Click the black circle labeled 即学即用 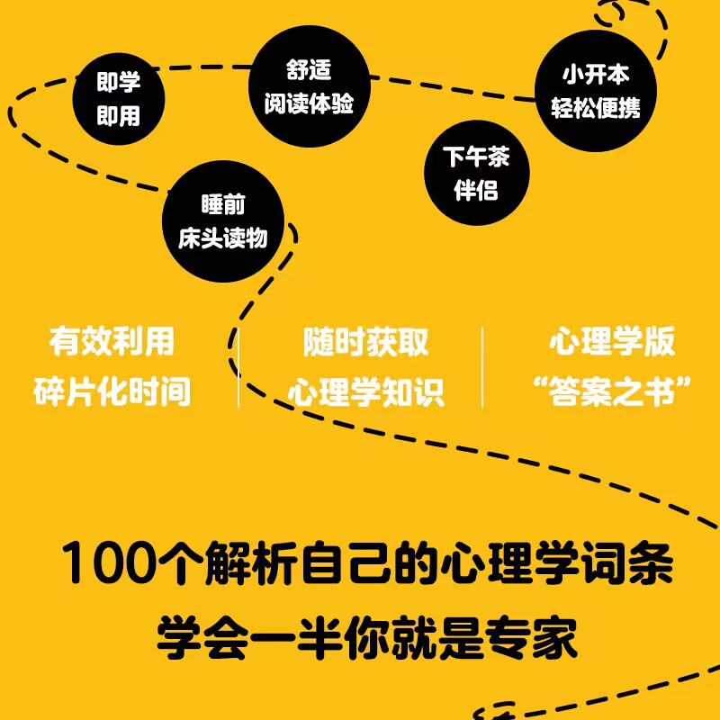click(x=119, y=100)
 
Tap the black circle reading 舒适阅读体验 click(x=309, y=86)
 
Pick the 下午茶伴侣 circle click(x=476, y=174)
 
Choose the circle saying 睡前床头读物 click(x=222, y=221)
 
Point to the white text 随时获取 click(x=365, y=342)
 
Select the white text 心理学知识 click(x=365, y=392)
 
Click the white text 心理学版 click(x=612, y=342)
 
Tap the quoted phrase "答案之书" click(x=612, y=392)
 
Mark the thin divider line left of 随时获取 click(x=238, y=367)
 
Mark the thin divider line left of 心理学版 click(x=482, y=367)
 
